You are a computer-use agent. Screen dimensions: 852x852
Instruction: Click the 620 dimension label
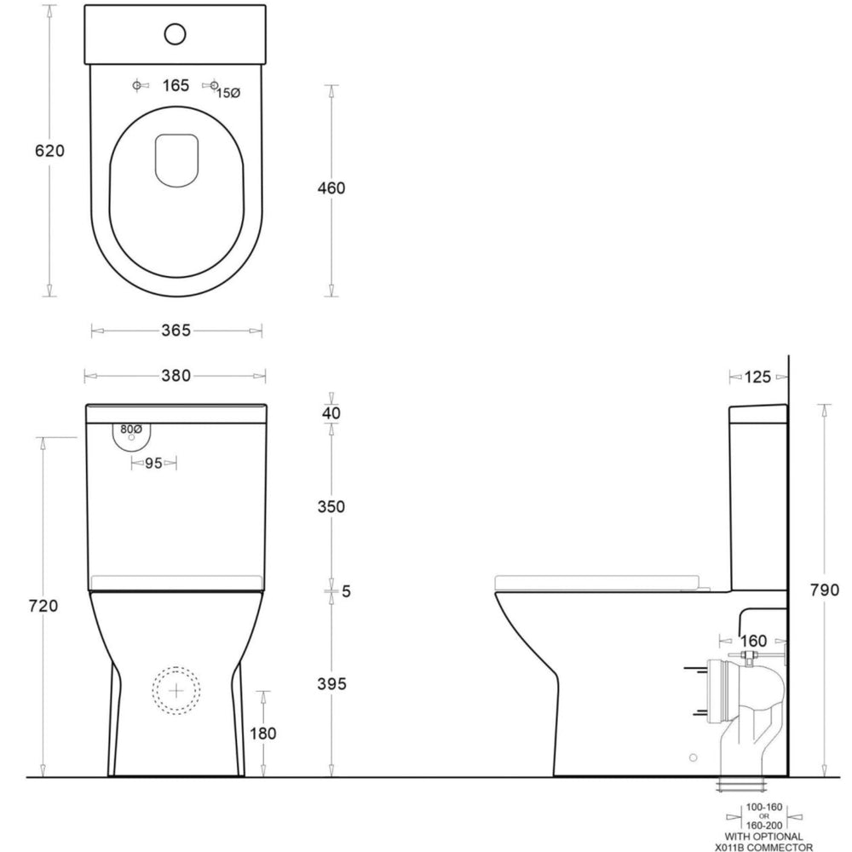49,151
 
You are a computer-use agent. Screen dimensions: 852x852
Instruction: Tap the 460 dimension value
331,187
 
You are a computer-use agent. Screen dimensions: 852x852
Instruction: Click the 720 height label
43,606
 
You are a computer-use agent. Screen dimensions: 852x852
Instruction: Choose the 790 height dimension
825,590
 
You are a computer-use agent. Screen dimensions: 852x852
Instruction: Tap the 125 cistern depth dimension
758,377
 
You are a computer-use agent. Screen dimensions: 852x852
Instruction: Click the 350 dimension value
331,506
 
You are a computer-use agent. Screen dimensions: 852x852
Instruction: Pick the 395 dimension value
331,683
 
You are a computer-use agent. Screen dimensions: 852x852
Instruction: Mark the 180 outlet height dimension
264,732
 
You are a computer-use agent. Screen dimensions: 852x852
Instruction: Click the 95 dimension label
153,463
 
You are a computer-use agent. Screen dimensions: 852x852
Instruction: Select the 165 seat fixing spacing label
175,86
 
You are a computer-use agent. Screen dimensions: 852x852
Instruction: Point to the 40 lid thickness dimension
331,413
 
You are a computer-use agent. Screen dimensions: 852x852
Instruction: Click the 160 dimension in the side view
753,640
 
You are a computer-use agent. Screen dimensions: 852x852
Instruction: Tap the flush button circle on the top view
176,34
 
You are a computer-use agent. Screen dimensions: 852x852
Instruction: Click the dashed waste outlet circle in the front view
177,689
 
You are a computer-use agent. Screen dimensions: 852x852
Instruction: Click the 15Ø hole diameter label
227,92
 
